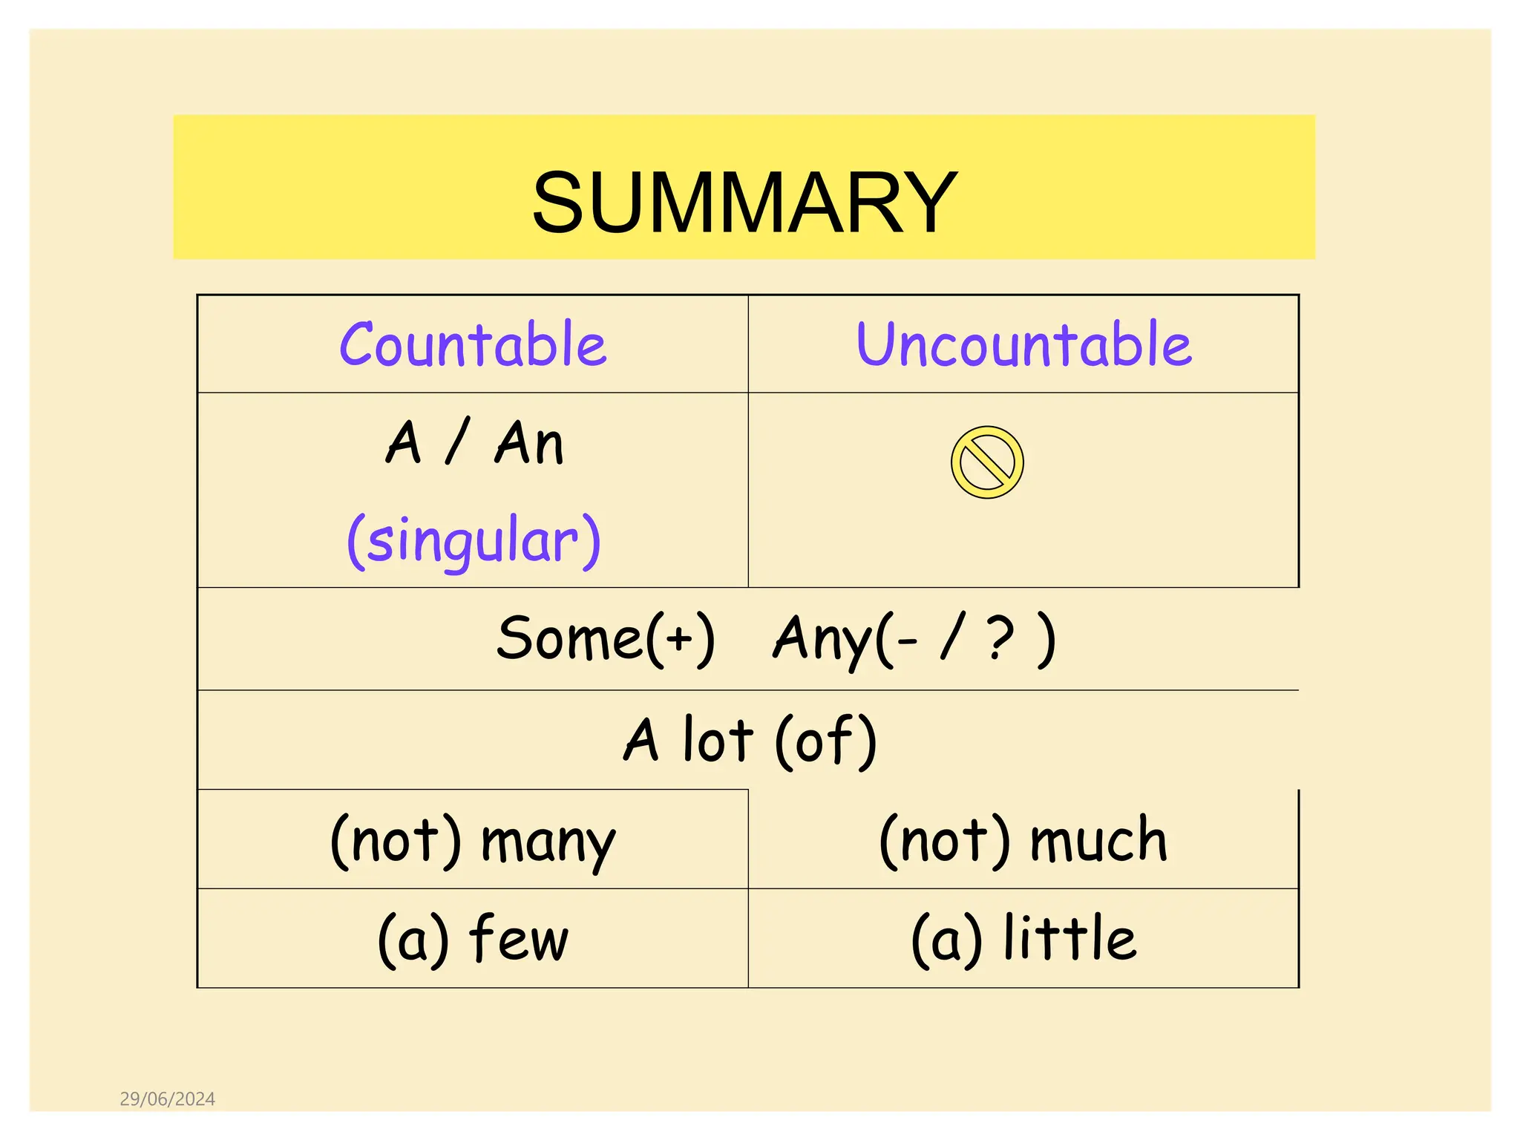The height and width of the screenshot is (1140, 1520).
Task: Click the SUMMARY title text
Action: pyautogui.click(x=744, y=202)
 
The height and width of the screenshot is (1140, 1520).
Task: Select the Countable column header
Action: pyautogui.click(x=473, y=344)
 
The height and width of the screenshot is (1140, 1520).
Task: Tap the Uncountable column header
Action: pyautogui.click(x=1023, y=344)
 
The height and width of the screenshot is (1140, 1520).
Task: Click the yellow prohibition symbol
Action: pyautogui.click(x=987, y=462)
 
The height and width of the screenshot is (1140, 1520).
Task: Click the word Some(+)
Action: pyautogui.click(x=606, y=638)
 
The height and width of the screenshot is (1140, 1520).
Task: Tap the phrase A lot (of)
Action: pyautogui.click(x=750, y=740)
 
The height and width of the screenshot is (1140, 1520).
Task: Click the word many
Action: pyautogui.click(x=548, y=843)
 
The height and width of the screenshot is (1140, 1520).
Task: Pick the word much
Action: pyautogui.click(x=1098, y=840)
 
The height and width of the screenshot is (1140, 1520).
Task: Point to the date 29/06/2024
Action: pyautogui.click(x=168, y=1099)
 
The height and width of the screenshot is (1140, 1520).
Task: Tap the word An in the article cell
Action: pyautogui.click(x=529, y=443)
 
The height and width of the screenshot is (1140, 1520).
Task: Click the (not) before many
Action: pyautogui.click(x=396, y=840)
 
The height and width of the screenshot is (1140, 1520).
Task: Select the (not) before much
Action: pyautogui.click(x=945, y=840)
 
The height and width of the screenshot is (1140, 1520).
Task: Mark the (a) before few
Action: pyautogui.click(x=413, y=940)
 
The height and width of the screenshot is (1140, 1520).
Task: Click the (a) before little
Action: pyautogui.click(x=947, y=940)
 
